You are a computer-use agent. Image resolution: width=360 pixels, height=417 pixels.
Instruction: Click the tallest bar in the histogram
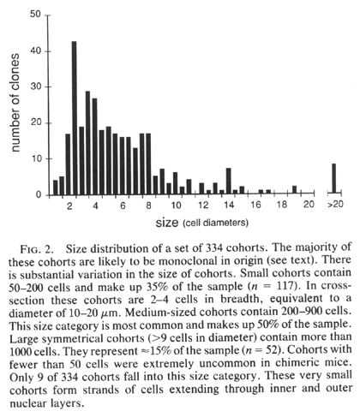(x=74, y=118)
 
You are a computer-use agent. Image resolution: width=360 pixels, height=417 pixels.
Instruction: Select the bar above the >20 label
(x=333, y=179)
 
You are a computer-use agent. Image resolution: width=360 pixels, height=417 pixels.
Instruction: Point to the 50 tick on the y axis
(x=48, y=15)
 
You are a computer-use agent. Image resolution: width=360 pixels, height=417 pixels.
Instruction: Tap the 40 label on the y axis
(x=35, y=51)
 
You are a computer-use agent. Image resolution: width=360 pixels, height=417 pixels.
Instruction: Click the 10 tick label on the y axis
(x=36, y=158)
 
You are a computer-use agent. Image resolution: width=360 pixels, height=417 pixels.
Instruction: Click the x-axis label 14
(x=229, y=205)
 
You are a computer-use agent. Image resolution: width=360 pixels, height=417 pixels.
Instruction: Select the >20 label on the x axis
(x=335, y=205)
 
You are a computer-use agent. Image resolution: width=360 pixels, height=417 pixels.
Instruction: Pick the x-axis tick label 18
(x=282, y=205)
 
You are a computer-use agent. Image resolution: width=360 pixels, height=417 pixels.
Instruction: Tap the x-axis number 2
(x=69, y=206)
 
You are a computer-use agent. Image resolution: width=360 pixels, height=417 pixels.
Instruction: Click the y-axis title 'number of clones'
(x=14, y=103)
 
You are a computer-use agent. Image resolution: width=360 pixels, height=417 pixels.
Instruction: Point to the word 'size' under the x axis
(x=167, y=223)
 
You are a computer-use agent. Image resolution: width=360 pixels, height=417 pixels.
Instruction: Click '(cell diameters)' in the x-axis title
(x=215, y=223)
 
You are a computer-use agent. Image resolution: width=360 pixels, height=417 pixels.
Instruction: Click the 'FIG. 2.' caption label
(x=37, y=249)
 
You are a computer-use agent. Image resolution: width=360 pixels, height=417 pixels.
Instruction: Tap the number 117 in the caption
(x=285, y=286)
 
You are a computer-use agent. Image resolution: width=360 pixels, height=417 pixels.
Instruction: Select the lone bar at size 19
(x=294, y=190)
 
